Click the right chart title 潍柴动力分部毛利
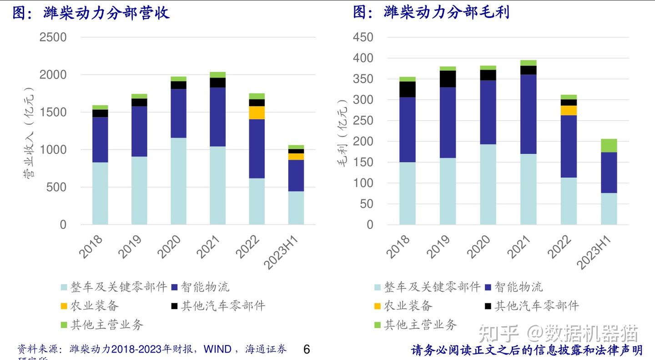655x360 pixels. [446, 12]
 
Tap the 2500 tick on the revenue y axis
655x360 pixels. [53, 37]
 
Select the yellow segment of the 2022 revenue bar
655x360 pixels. [257, 113]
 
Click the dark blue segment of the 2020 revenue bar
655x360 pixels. [178, 113]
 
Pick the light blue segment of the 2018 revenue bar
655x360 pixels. [100, 193]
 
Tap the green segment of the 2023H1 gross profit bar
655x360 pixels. [609, 146]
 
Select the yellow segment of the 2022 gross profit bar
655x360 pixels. [569, 110]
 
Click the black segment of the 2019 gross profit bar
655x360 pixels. [448, 79]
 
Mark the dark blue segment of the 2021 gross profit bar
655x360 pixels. [528, 114]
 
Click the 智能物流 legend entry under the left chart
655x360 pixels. [205, 287]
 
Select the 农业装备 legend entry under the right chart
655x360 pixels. [408, 305]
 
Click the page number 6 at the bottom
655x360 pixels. [306, 350]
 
